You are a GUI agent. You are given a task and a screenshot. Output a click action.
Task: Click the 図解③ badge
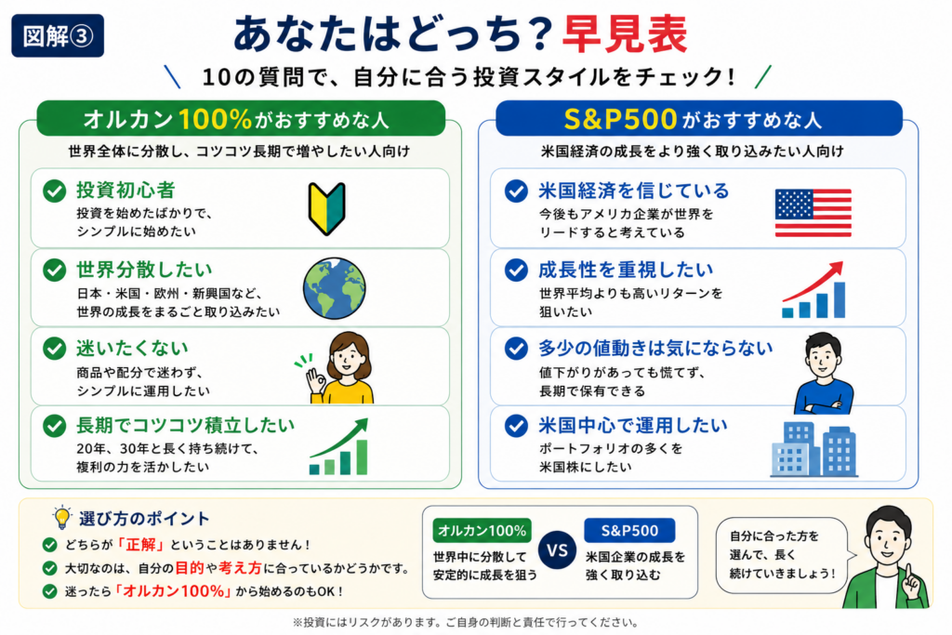58,36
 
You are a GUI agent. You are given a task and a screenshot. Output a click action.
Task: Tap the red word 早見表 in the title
625,34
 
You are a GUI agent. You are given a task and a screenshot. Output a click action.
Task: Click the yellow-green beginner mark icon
326,208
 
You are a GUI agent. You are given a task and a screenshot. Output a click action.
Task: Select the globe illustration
335,288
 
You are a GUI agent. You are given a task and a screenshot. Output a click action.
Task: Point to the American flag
813,213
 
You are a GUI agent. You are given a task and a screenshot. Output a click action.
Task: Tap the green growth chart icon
338,446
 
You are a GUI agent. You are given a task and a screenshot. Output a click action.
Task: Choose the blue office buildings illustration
813,449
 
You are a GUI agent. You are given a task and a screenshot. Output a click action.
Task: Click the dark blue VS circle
557,550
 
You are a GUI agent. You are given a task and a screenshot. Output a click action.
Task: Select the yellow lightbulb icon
61,518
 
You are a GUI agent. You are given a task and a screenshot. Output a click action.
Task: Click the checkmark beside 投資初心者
55,191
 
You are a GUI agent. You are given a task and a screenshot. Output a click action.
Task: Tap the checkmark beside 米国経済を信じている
516,191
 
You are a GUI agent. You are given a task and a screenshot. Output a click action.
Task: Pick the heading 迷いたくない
132,348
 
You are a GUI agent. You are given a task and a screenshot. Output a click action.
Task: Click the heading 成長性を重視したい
626,270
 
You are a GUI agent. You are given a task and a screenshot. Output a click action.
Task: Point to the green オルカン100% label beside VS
483,531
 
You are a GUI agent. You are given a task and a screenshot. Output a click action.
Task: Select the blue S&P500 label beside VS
629,531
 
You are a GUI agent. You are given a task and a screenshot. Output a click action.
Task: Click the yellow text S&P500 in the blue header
620,119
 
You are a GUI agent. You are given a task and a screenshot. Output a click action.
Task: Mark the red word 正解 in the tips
141,545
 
